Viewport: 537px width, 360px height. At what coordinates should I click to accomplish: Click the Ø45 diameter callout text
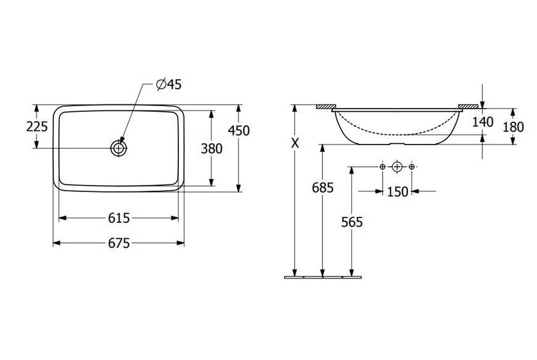[x=169, y=84]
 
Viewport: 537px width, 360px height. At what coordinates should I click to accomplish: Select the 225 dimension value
[x=37, y=127]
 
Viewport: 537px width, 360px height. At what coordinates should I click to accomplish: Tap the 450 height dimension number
[x=239, y=130]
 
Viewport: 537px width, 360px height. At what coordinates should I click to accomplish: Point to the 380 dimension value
[x=212, y=149]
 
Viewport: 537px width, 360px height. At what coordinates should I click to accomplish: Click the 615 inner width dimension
[x=119, y=218]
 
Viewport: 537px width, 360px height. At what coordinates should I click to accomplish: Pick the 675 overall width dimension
[x=119, y=243]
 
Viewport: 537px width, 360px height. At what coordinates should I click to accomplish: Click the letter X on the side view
[x=295, y=143]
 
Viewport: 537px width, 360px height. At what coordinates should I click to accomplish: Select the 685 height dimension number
[x=323, y=188]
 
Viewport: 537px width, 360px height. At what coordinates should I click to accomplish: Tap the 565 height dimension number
[x=352, y=222]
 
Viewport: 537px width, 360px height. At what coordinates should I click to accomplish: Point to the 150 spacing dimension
[x=398, y=192]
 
